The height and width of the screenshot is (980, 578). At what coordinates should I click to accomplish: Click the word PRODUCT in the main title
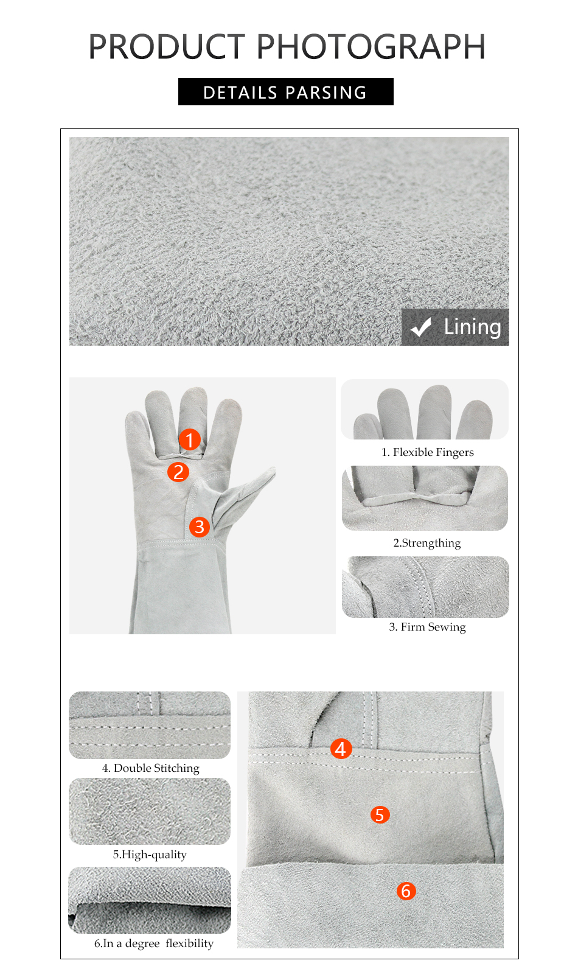(166, 47)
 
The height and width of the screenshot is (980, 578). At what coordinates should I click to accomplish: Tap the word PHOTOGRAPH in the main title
(371, 47)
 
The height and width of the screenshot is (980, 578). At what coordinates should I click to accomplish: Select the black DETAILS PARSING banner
(285, 92)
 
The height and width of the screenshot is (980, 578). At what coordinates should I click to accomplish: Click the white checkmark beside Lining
(421, 327)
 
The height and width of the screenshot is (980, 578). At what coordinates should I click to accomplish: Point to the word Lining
(472, 327)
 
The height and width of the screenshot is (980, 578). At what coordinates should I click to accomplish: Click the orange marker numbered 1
(190, 439)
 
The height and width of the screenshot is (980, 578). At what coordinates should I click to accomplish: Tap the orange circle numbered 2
(178, 472)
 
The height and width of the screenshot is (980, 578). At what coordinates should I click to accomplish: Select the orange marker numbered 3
(199, 527)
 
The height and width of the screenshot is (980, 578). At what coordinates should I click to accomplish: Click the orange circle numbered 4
(341, 749)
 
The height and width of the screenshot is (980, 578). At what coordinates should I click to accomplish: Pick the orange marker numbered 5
(380, 814)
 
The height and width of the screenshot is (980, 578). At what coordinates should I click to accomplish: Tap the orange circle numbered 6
(406, 891)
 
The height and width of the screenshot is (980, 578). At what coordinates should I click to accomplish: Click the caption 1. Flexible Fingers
(427, 452)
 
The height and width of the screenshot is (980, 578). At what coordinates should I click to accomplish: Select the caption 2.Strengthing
(427, 543)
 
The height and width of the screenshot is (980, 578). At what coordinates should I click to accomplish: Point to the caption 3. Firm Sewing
(427, 627)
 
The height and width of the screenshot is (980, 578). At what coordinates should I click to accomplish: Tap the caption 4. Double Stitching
(150, 768)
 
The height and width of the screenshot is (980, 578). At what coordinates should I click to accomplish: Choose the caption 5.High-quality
(150, 855)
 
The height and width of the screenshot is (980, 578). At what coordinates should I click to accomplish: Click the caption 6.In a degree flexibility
(153, 943)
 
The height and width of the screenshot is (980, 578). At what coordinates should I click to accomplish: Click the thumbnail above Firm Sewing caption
(425, 587)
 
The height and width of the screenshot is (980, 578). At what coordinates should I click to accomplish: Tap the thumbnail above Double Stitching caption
(150, 725)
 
